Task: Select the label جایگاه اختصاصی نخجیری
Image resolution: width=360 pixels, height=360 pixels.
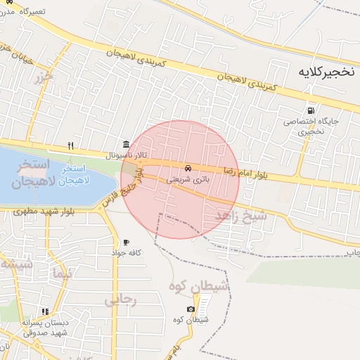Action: point(311,126)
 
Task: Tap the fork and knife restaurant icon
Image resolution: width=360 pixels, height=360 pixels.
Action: point(70,146)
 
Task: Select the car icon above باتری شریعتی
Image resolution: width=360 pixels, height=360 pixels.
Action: point(188,169)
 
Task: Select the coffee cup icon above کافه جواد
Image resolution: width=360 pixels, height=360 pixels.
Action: point(126,242)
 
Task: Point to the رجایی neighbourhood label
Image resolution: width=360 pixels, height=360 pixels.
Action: point(119,300)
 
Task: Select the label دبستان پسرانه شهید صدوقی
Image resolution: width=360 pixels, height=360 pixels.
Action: point(44,327)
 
